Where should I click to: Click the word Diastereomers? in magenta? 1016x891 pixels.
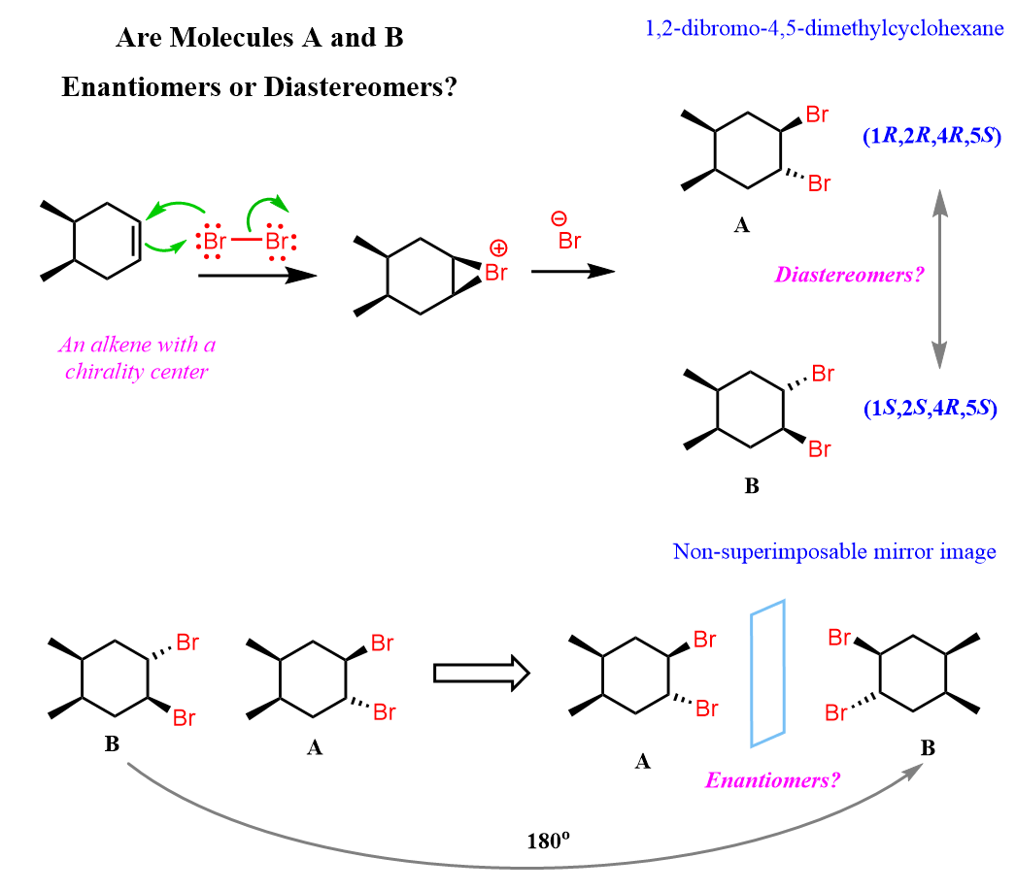coord(848,275)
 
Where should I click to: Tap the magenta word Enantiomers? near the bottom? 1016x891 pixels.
coord(772,779)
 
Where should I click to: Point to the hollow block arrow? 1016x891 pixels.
coord(480,673)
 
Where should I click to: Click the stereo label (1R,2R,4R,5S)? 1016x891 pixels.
coord(931,137)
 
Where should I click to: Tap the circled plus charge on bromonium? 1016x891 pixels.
coord(498,248)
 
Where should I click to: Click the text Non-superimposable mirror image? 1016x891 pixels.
coord(834,552)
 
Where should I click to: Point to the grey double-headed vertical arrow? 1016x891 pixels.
coord(939,280)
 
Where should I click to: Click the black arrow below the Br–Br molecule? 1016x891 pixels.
coord(256,276)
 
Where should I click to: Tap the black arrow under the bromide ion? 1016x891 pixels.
coord(573,271)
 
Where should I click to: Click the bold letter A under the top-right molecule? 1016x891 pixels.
coord(741,226)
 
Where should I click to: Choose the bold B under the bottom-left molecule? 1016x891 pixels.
coord(112,745)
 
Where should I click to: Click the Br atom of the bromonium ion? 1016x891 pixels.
coord(495,273)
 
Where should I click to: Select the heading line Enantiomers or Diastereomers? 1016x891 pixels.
coord(259,87)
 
